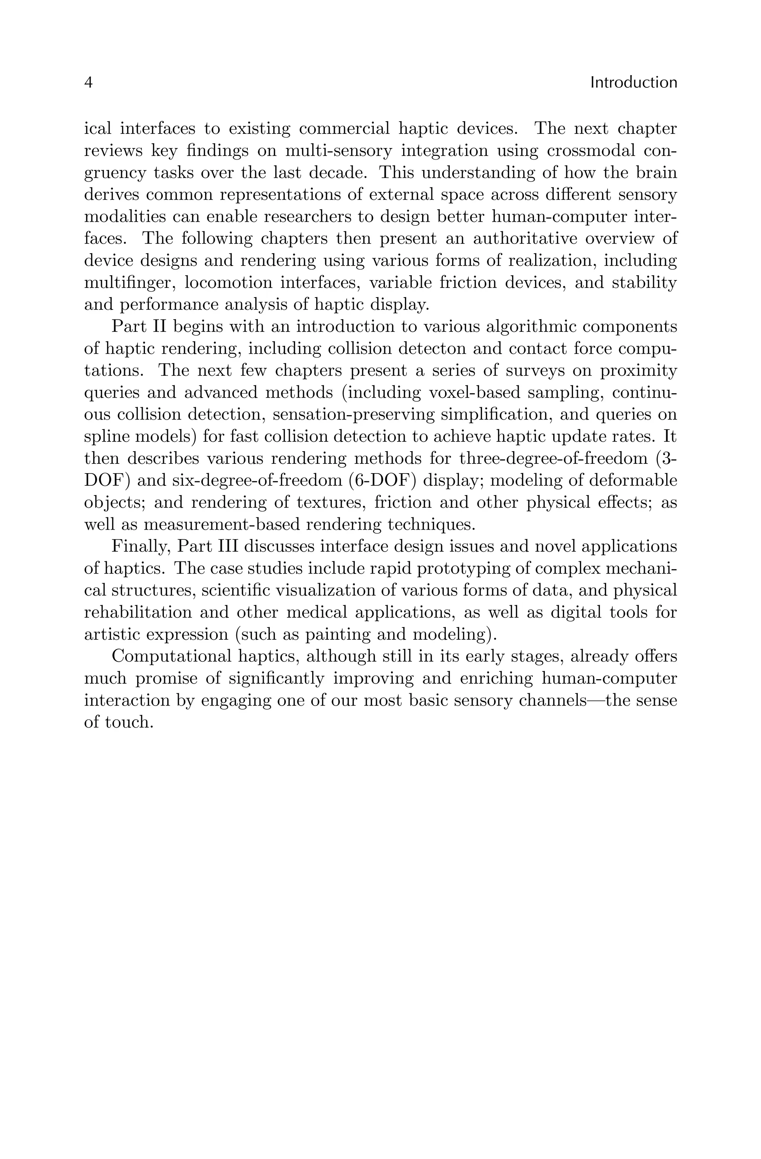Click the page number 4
click(88, 83)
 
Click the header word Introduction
click(633, 83)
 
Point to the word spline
click(105, 437)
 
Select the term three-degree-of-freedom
click(553, 459)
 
